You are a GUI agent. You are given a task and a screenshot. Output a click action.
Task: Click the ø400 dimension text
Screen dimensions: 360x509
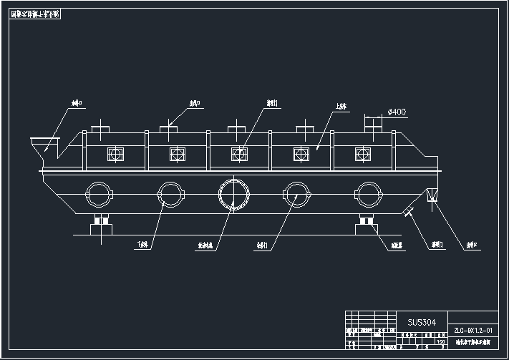pyautogui.click(x=396, y=112)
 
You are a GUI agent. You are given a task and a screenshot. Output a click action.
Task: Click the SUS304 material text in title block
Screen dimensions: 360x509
pyautogui.click(x=421, y=322)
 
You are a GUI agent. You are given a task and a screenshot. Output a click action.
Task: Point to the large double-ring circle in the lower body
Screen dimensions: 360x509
pyautogui.click(x=234, y=194)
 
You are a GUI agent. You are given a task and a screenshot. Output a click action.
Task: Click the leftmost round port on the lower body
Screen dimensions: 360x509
pyautogui.click(x=99, y=194)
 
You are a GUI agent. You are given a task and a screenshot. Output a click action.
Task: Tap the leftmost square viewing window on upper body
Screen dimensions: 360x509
pyautogui.click(x=114, y=153)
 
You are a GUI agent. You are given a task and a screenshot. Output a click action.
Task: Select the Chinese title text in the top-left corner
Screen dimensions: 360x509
pyautogui.click(x=41, y=14)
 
